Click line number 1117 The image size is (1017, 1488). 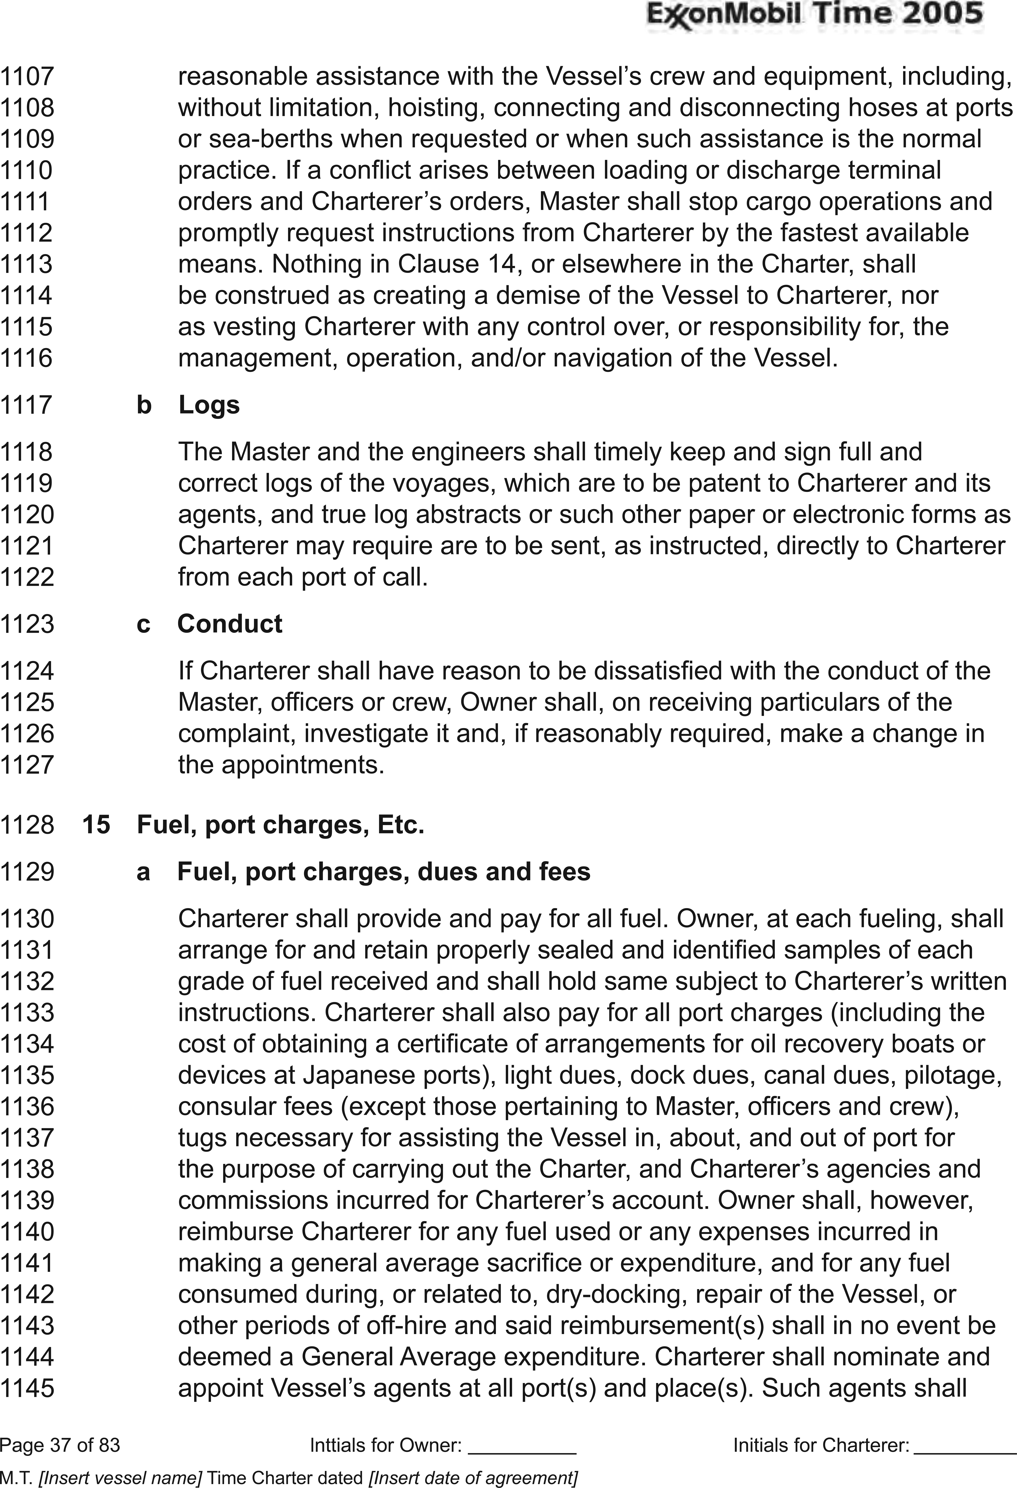pos(26,405)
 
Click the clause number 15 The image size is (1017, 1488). pos(96,825)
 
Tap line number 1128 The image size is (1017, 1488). pos(26,825)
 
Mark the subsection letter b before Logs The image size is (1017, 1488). pos(144,405)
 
